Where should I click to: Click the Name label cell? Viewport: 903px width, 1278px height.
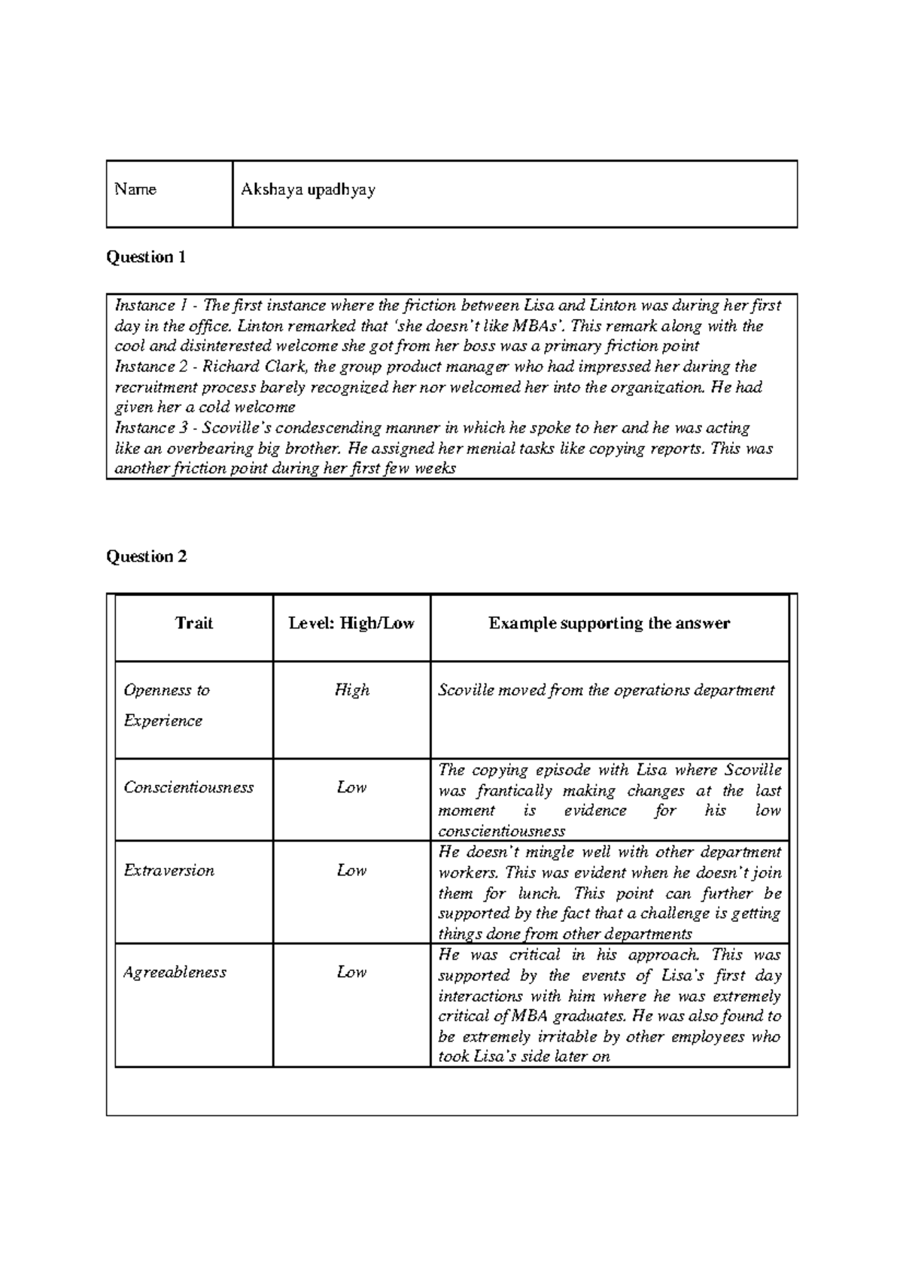click(x=135, y=190)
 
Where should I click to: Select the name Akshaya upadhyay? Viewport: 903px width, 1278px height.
click(x=308, y=190)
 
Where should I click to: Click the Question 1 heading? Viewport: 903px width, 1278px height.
click(x=146, y=257)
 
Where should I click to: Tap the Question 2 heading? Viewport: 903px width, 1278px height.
click(x=146, y=557)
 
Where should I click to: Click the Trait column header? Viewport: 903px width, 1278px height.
click(x=193, y=623)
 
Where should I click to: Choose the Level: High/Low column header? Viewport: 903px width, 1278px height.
click(x=351, y=623)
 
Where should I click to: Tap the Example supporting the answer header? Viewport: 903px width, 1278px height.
click(x=609, y=623)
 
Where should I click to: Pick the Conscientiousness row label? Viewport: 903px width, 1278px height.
click(x=188, y=787)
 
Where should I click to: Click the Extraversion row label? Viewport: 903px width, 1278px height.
click(x=169, y=871)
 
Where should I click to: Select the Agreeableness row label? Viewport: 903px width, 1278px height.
click(x=175, y=972)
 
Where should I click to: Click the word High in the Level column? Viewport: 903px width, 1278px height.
click(x=351, y=690)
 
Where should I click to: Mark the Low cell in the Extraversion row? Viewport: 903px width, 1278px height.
click(x=351, y=871)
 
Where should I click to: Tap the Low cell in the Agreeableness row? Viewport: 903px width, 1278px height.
click(x=351, y=972)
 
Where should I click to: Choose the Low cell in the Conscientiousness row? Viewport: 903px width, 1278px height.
click(x=351, y=787)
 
